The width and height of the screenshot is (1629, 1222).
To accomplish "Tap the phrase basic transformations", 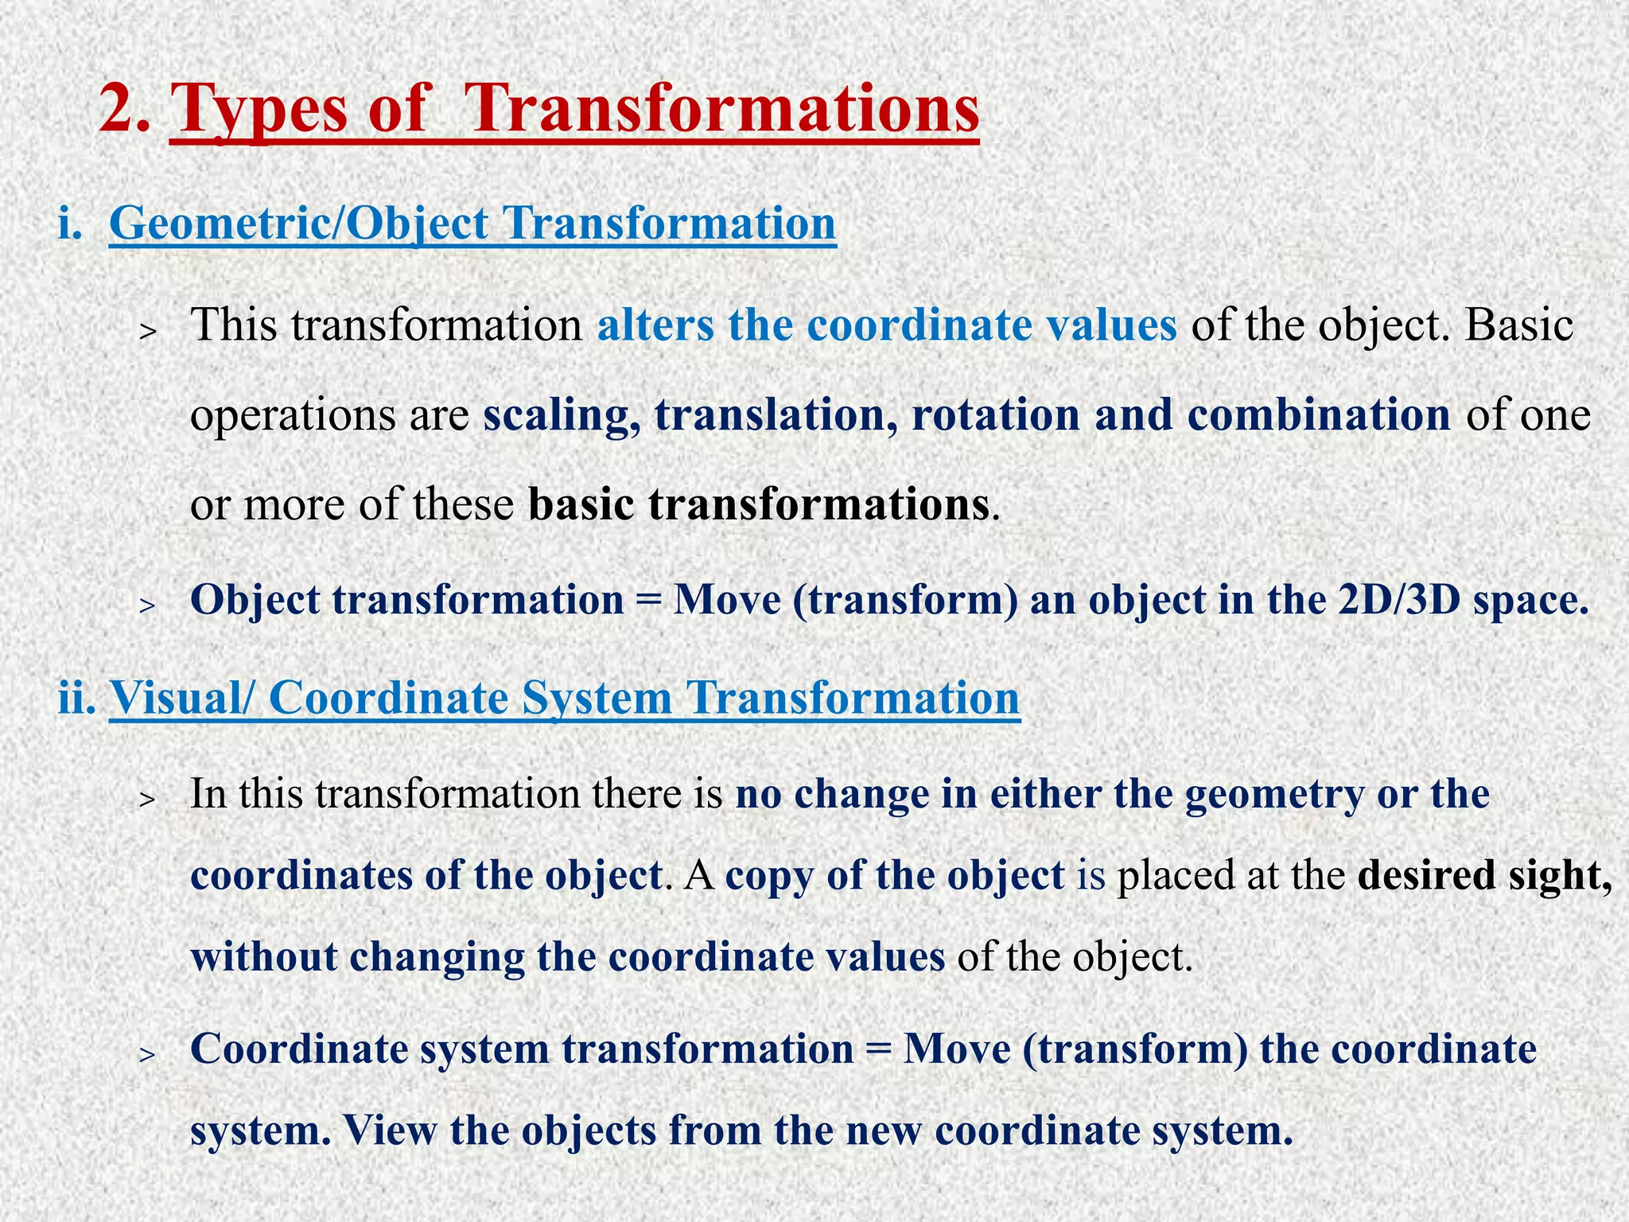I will tap(759, 504).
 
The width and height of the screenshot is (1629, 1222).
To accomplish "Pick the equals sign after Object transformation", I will tap(649, 600).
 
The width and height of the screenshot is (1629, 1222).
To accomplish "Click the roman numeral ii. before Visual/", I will tap(77, 698).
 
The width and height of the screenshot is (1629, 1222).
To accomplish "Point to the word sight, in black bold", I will tap(1560, 875).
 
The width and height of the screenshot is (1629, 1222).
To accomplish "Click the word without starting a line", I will tap(263, 956).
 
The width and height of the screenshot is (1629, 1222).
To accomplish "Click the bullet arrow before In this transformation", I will tap(146, 799).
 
